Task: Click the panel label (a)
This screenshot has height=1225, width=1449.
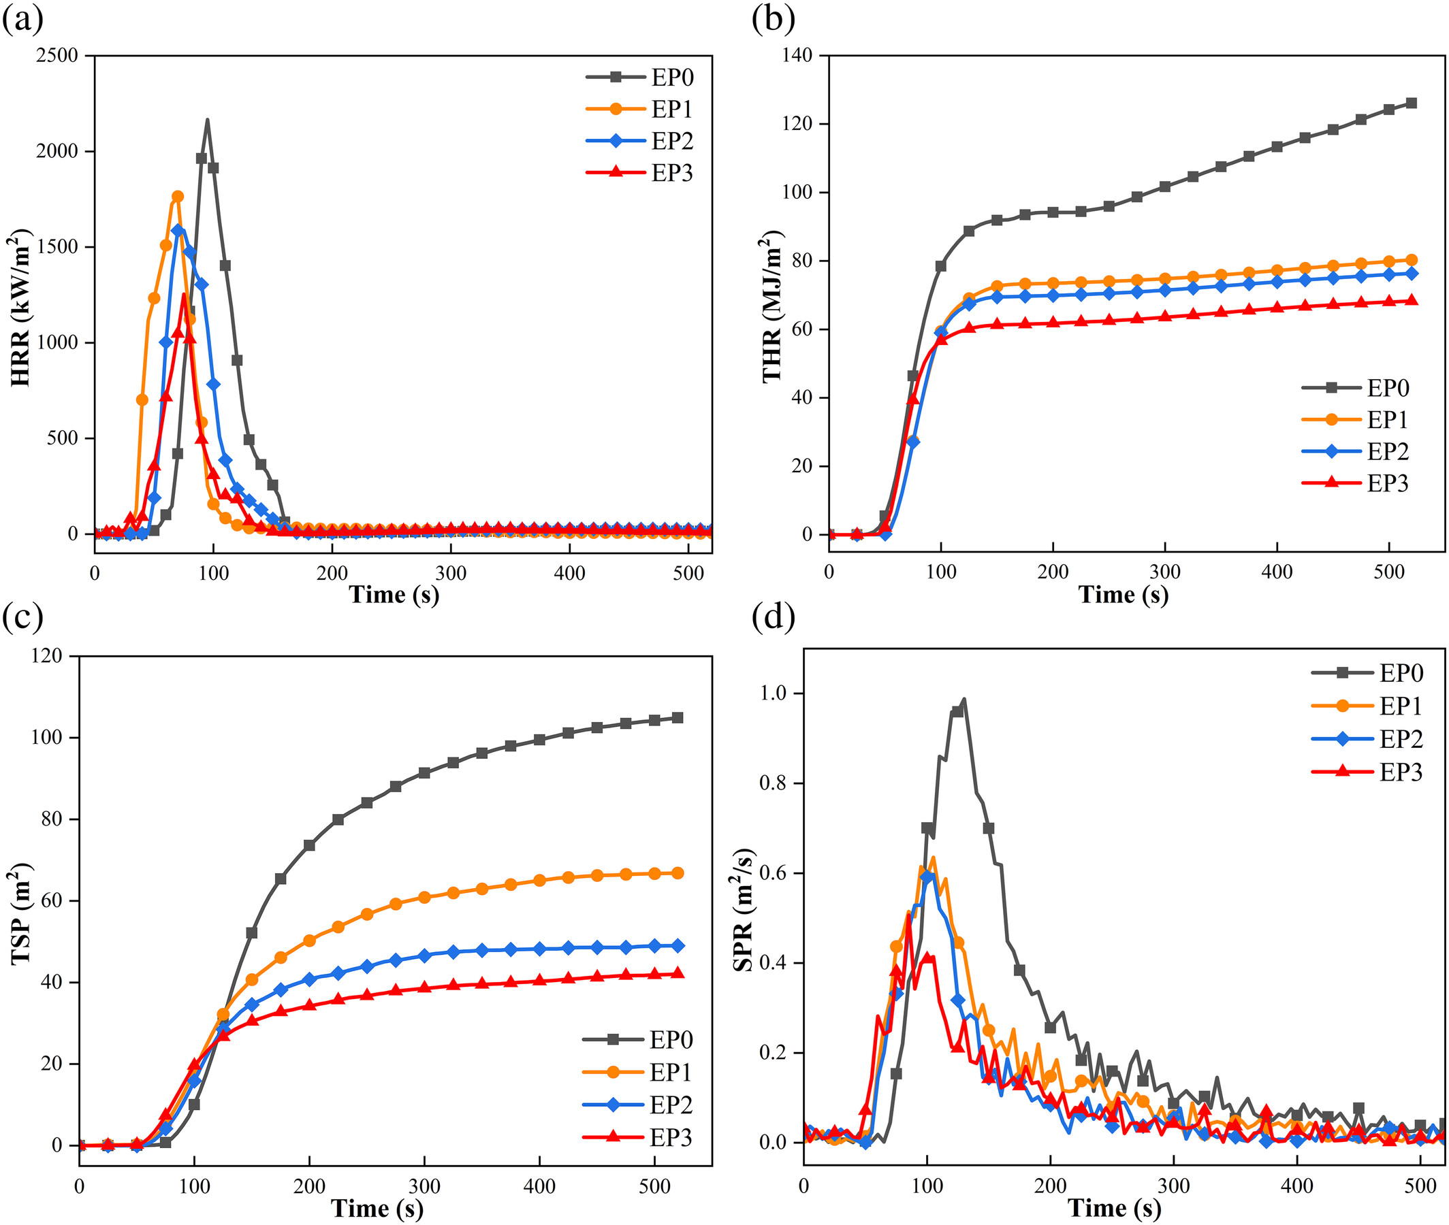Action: (22, 19)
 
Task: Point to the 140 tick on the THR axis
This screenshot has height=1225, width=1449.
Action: (797, 56)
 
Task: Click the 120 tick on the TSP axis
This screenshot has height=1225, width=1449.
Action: (46, 655)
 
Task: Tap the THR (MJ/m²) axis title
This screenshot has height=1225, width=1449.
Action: (771, 308)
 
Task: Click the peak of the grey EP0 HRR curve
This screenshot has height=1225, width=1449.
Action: (207, 120)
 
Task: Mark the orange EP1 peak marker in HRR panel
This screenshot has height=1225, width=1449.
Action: (178, 197)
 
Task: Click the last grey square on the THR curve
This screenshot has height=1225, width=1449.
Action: (1411, 103)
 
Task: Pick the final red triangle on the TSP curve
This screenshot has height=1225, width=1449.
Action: (678, 974)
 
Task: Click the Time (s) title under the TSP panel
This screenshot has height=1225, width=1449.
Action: (377, 1209)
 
